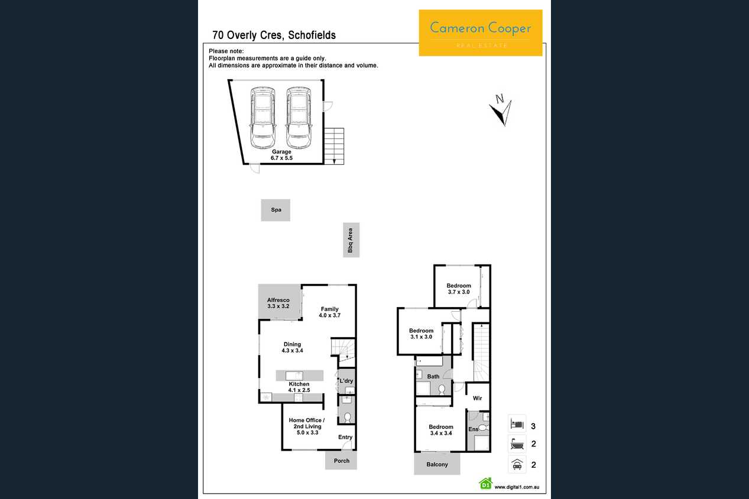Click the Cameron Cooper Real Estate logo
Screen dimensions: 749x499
pyautogui.click(x=481, y=32)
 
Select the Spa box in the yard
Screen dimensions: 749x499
pyautogui.click(x=275, y=210)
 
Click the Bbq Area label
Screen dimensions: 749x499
pyautogui.click(x=351, y=240)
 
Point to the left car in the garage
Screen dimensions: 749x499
pyautogui.click(x=263, y=118)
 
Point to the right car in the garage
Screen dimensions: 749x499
pyautogui.click(x=299, y=118)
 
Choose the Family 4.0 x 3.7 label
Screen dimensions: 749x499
pyautogui.click(x=330, y=312)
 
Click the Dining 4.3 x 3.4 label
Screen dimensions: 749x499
pyautogui.click(x=292, y=347)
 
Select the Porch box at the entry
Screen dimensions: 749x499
pyautogui.click(x=341, y=461)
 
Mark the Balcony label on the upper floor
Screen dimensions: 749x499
pyautogui.click(x=437, y=464)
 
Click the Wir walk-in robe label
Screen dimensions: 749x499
pyautogui.click(x=478, y=398)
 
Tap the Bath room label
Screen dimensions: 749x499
pyautogui.click(x=433, y=376)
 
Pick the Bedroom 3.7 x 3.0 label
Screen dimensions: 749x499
pyautogui.click(x=459, y=289)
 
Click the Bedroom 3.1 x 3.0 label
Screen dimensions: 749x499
pyautogui.click(x=421, y=334)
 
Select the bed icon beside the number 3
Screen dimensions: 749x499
pyautogui.click(x=517, y=424)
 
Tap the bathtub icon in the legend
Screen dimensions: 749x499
pyautogui.click(x=517, y=444)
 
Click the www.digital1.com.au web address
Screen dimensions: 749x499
pyautogui.click(x=517, y=487)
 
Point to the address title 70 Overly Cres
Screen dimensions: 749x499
pyautogui.click(x=248, y=35)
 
